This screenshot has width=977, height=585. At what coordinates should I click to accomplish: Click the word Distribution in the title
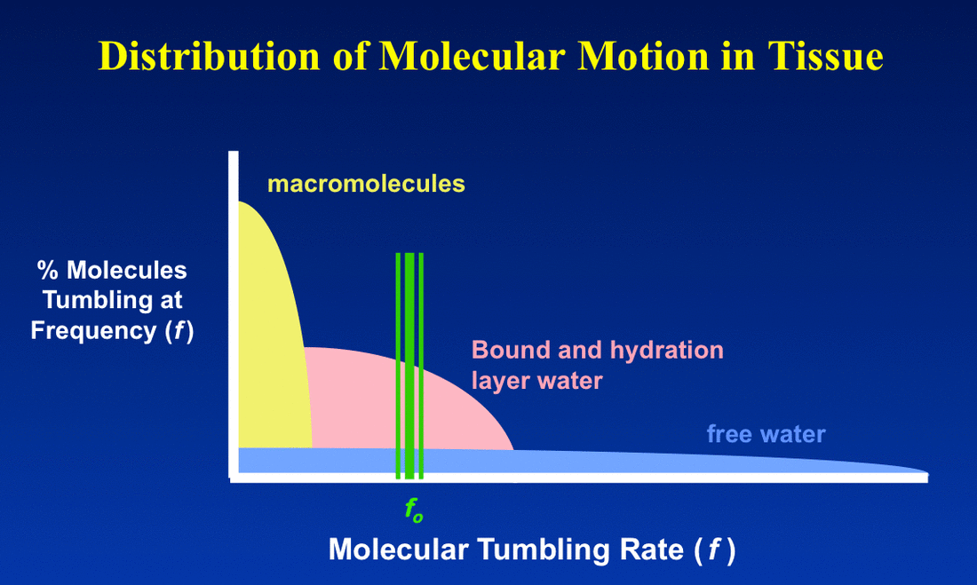click(x=210, y=56)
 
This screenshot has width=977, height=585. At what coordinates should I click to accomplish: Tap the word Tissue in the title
click(x=825, y=56)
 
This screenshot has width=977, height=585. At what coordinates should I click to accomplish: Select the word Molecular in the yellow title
click(x=472, y=56)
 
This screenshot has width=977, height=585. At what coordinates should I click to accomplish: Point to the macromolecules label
click(x=366, y=184)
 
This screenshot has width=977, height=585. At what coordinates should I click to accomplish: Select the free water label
click(x=766, y=433)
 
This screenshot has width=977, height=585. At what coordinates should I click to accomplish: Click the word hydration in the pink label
click(x=667, y=351)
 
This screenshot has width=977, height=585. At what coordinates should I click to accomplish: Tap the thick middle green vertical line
click(x=409, y=366)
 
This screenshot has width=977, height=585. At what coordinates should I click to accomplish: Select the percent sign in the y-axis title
click(x=47, y=271)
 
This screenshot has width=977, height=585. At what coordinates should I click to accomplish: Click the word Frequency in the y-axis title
click(x=93, y=331)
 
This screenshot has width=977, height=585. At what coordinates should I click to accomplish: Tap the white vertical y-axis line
click(x=234, y=314)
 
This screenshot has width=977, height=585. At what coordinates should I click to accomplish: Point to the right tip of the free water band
click(x=928, y=473)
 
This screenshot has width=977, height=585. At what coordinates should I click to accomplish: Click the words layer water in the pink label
click(x=537, y=381)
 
